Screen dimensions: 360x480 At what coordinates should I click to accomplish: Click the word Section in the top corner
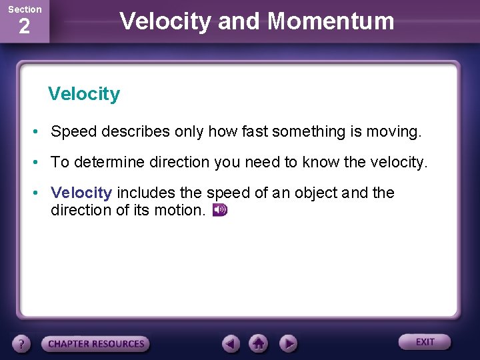tap(25, 9)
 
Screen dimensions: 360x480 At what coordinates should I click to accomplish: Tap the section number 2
tap(24, 27)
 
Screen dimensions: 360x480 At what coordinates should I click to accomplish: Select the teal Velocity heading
tap(84, 94)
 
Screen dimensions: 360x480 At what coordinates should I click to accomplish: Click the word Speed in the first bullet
tap(74, 132)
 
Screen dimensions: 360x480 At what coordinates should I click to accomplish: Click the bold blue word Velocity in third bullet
tap(81, 193)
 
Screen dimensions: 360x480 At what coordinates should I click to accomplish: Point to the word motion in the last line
tap(181, 211)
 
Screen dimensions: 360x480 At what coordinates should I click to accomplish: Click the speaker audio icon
tap(220, 211)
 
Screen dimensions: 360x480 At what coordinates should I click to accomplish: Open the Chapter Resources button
tap(95, 344)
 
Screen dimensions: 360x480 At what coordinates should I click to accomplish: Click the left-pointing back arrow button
tap(231, 343)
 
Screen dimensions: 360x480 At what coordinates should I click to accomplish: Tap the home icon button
tap(259, 343)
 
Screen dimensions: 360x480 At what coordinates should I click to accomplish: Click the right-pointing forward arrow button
tap(287, 343)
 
